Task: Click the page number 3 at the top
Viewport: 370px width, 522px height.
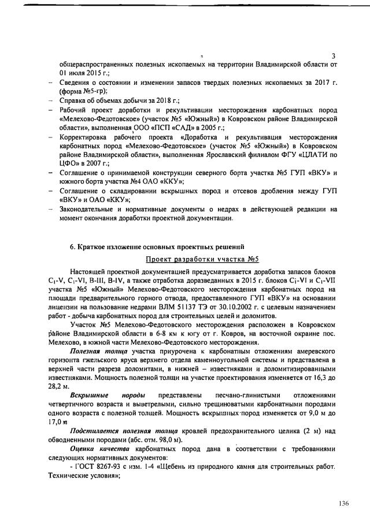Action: (334, 56)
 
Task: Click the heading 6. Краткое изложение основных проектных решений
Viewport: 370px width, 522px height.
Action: (154, 249)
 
